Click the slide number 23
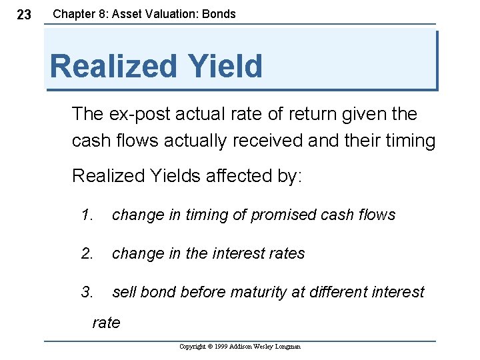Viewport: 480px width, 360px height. pos(23,15)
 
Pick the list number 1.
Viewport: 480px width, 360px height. pos(86,215)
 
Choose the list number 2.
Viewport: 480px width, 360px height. pos(87,253)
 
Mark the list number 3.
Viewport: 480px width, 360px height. pos(87,292)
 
